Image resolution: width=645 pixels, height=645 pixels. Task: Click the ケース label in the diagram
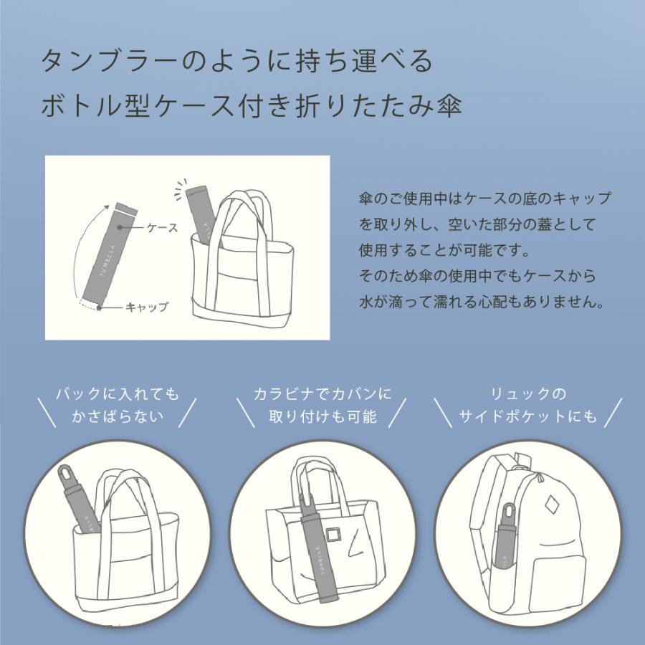[x=162, y=227]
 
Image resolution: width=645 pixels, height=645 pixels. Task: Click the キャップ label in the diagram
[x=147, y=307]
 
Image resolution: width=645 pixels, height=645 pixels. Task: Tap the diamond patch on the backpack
[x=552, y=506]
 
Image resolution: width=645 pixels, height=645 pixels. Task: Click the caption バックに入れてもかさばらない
[x=118, y=405]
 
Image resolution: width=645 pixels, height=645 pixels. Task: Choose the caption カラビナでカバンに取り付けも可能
[x=322, y=405]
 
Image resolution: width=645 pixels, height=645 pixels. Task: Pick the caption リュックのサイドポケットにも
[x=528, y=405]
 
